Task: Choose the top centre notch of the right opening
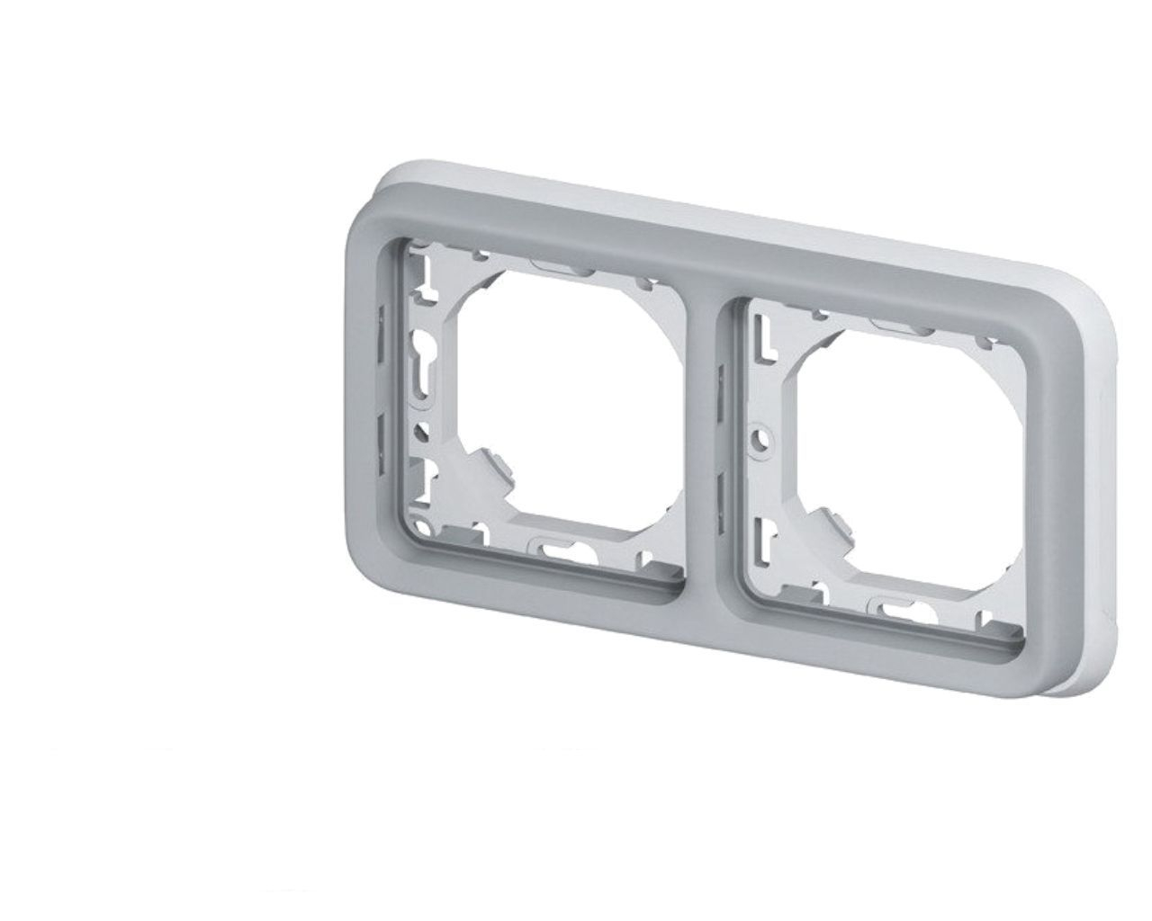click(895, 323)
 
